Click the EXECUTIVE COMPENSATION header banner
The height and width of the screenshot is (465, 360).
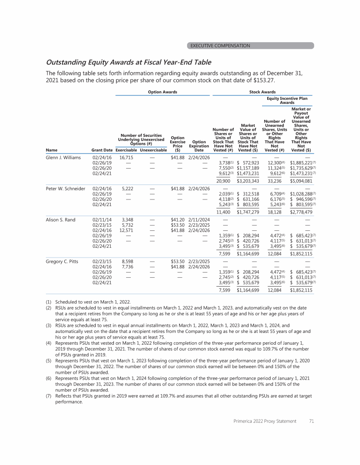tap(220, 45)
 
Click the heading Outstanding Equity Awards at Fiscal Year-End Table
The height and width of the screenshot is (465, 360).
tap(128, 62)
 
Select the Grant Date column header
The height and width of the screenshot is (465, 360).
tap(102, 150)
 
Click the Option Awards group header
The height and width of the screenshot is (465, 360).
tap(161, 92)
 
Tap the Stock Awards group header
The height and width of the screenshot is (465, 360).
tap(262, 92)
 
